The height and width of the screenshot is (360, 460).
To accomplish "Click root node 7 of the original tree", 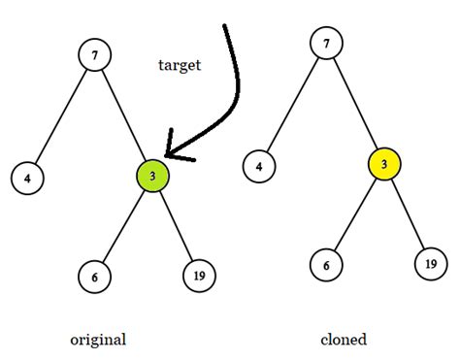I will [94, 55].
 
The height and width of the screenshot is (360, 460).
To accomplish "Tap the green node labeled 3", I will [152, 177].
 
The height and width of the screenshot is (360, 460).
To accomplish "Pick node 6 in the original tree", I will [94, 277].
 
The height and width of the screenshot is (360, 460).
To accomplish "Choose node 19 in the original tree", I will [198, 276].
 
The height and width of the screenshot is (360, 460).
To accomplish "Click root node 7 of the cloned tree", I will [326, 43].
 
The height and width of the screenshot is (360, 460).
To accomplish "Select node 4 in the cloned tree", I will [257, 166].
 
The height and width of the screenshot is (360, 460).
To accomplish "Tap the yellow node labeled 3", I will [384, 165].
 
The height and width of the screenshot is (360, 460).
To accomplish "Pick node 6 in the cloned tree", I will [326, 264].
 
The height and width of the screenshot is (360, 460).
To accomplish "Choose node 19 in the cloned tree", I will [430, 263].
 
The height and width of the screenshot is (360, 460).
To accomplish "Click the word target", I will [180, 65].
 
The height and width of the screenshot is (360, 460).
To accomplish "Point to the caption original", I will [98, 340].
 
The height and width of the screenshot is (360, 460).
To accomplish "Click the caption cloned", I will [344, 340].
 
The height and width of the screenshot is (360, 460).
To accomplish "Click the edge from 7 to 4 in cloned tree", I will [292, 104].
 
